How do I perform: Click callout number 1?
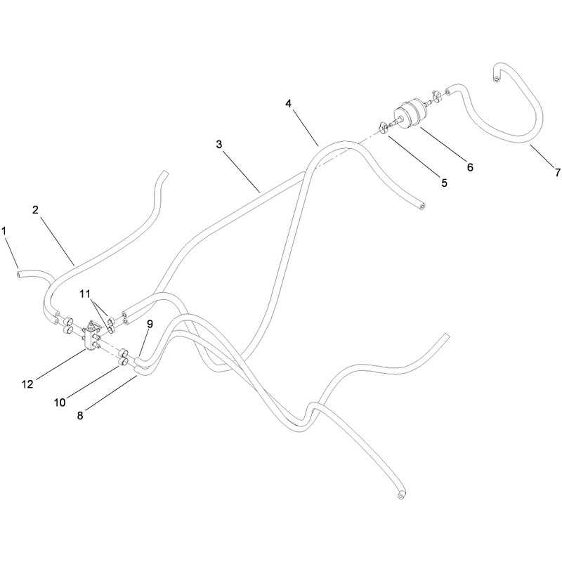pos(4,231)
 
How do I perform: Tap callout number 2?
pos(35,210)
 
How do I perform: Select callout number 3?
pos(219,145)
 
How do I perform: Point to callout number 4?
pos(289,103)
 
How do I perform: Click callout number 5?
pos(445,183)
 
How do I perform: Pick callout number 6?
pos(470,167)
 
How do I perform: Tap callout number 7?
pos(557,173)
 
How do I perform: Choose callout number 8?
pos(80,416)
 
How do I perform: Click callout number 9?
pos(150,324)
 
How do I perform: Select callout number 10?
pos(60,403)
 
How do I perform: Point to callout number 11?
pos(85,294)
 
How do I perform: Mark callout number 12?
pos(27,384)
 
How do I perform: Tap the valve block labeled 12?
pos(92,335)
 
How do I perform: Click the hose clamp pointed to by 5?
pos(384,128)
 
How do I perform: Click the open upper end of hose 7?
pos(496,79)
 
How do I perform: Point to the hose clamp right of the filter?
pos(436,96)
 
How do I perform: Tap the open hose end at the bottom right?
pos(400,496)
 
